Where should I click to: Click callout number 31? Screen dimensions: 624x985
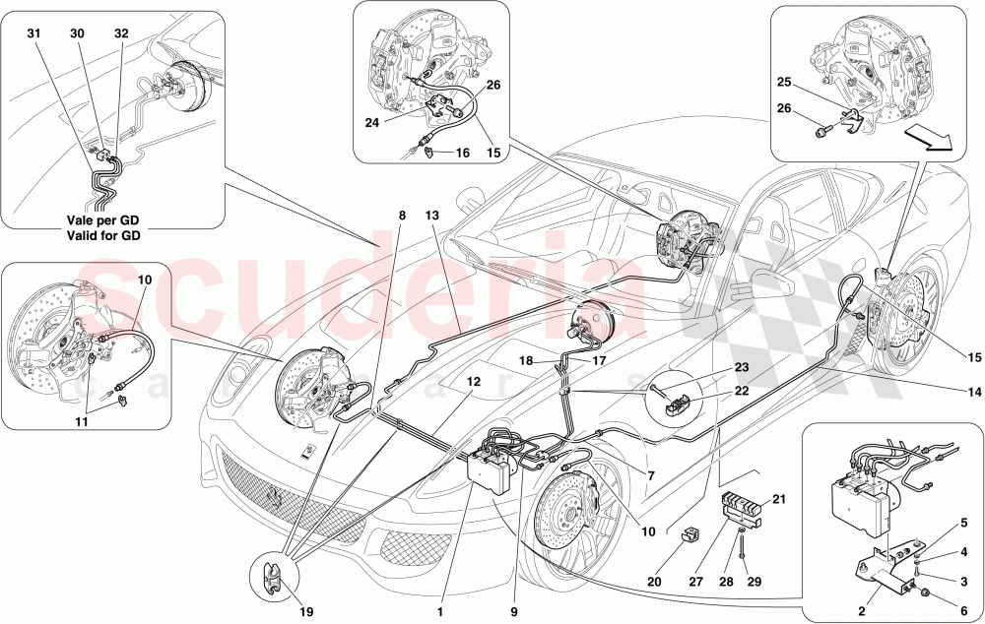35,32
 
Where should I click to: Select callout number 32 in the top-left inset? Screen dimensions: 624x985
121,32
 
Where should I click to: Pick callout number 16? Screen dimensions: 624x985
462,153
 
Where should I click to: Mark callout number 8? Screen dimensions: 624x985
402,216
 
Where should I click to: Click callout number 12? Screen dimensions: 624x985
474,380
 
